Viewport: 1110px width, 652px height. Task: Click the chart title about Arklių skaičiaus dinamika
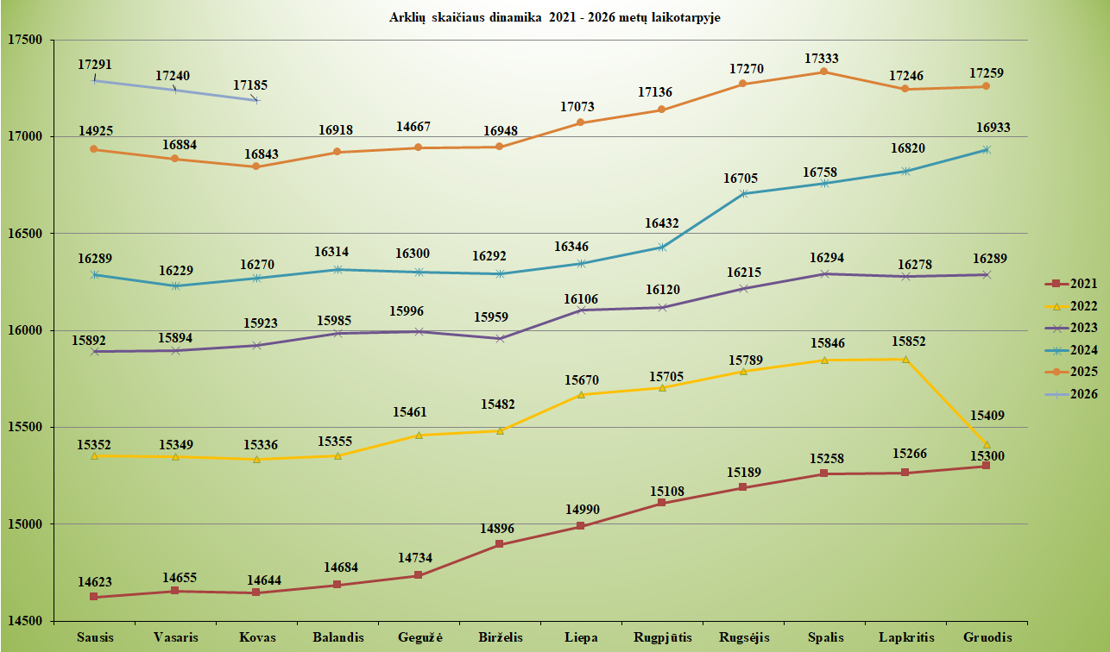pyautogui.click(x=554, y=17)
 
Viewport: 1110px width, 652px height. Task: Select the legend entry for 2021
pyautogui.click(x=1076, y=283)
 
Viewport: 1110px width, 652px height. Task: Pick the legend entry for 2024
pyautogui.click(x=1076, y=350)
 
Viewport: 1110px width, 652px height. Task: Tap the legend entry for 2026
pyautogui.click(x=1076, y=394)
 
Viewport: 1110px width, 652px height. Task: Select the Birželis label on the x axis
pyautogui.click(x=500, y=637)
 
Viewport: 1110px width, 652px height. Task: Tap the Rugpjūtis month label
pyautogui.click(x=662, y=637)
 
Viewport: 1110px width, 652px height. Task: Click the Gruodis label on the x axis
pyautogui.click(x=987, y=637)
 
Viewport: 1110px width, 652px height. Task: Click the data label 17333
pyautogui.click(x=822, y=59)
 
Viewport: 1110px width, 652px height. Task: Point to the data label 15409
pyautogui.click(x=987, y=416)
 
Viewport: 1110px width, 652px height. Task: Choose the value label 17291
pyautogui.click(x=95, y=65)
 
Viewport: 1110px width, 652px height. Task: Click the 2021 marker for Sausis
pyautogui.click(x=93, y=597)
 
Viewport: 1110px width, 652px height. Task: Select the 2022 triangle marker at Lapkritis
pyautogui.click(x=905, y=360)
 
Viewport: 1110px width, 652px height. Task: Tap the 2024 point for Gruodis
pyautogui.click(x=987, y=150)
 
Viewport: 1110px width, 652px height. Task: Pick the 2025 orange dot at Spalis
pyautogui.click(x=823, y=72)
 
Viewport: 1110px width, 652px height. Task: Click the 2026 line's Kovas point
pyautogui.click(x=255, y=100)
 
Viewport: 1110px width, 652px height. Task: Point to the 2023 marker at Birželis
pyautogui.click(x=500, y=338)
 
